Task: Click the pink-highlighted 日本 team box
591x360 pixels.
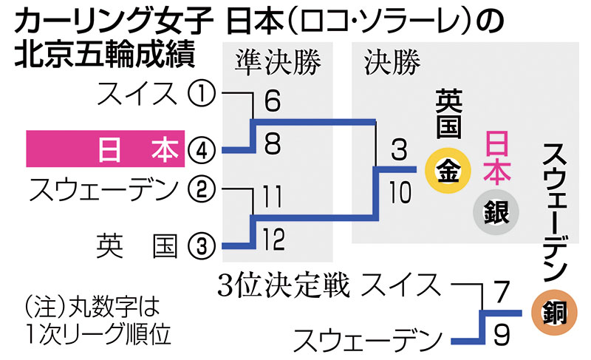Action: click(103, 150)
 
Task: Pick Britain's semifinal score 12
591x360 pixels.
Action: click(271, 239)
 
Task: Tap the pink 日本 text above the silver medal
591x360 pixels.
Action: click(495, 159)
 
